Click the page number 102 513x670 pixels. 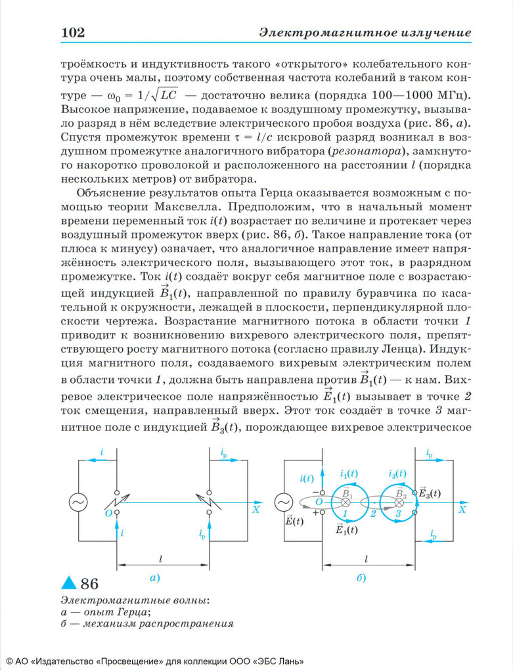click(x=73, y=32)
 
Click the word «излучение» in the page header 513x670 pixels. click(x=439, y=32)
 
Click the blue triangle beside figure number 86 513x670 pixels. click(x=68, y=582)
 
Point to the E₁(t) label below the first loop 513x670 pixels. click(x=346, y=529)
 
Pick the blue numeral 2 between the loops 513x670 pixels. click(x=372, y=514)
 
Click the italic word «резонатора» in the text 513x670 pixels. click(x=376, y=151)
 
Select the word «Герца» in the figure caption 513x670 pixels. click(x=137, y=612)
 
